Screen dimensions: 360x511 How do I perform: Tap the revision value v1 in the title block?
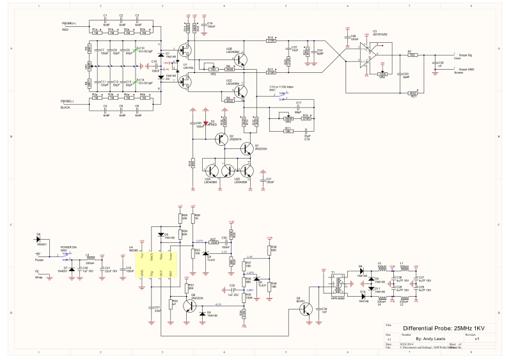[476, 339]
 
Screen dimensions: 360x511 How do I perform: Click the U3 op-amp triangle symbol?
[365, 56]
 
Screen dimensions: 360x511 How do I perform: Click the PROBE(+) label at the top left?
[68, 24]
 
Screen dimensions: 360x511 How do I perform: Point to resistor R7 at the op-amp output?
[413, 55]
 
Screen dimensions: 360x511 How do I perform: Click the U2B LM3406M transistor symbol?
[239, 59]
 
